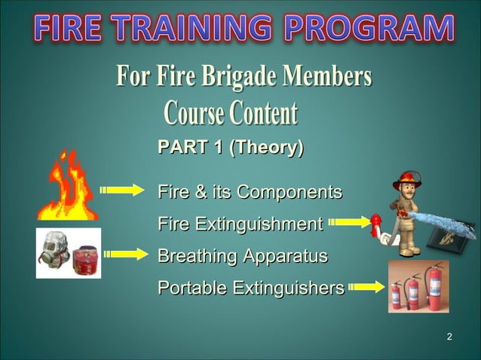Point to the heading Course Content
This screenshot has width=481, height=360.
(230, 114)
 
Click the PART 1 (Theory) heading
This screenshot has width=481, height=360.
(230, 148)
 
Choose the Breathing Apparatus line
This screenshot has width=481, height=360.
(242, 255)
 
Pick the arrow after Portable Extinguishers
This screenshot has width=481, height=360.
(368, 286)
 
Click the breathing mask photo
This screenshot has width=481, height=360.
(69, 253)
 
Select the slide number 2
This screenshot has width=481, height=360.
(449, 336)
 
